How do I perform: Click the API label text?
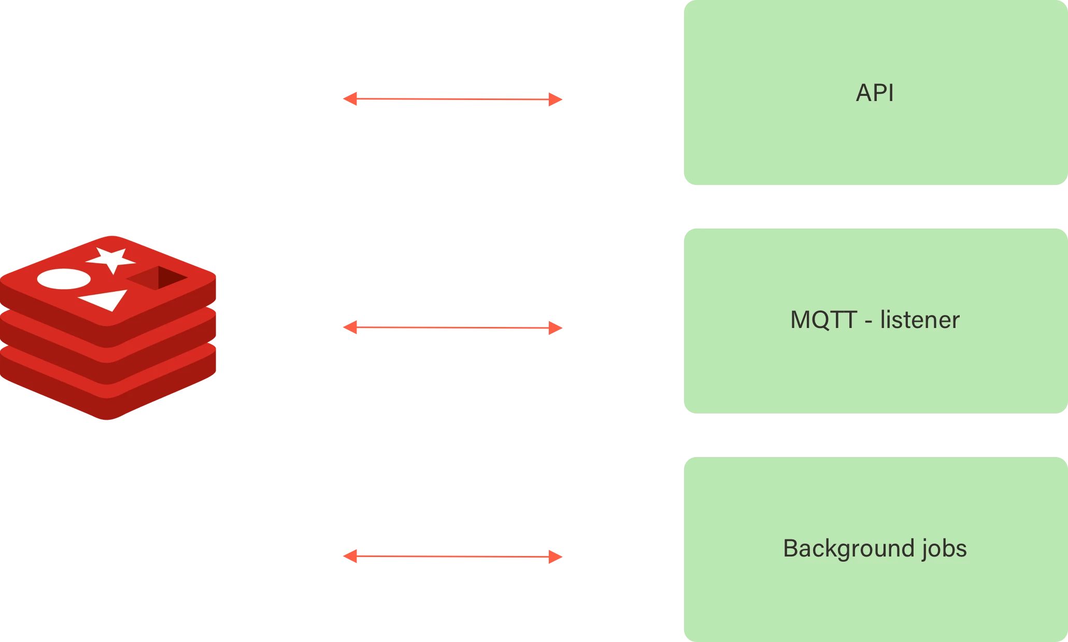click(875, 93)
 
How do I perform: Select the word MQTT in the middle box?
click(823, 320)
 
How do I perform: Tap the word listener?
click(920, 320)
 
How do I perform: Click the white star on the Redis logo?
click(111, 259)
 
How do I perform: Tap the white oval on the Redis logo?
click(64, 279)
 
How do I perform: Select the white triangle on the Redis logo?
click(106, 299)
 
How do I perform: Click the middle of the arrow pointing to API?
click(452, 99)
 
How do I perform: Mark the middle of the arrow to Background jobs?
click(452, 557)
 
